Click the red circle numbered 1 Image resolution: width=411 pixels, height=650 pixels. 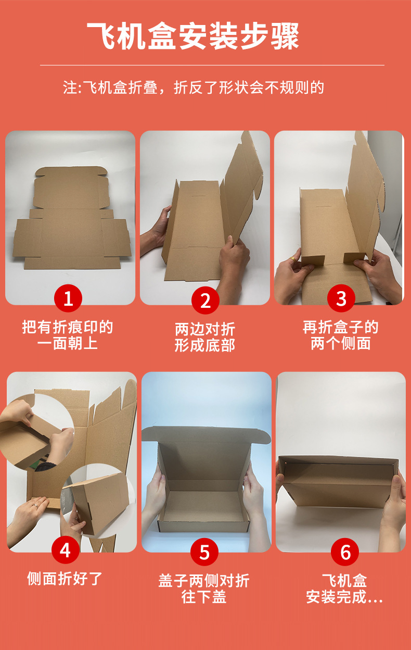pos(68,298)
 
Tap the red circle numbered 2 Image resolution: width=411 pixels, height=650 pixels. pos(205,301)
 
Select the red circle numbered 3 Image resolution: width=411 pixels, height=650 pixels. pos(341,298)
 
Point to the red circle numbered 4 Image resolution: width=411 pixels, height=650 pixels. pos(66,550)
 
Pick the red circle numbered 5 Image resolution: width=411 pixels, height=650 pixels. pos(204,552)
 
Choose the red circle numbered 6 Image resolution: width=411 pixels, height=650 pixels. pos(345,552)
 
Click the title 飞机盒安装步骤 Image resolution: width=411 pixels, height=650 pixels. pos(193,36)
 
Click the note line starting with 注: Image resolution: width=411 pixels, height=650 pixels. pos(194,87)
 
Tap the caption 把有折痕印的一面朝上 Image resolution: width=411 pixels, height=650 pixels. pos(68,335)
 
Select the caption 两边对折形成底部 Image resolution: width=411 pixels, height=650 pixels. pos(205,337)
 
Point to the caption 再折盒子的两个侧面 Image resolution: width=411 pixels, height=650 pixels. pos(341,335)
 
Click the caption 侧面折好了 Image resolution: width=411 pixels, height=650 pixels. pos(65,578)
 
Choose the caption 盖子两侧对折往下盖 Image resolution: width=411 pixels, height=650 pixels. pos(204,589)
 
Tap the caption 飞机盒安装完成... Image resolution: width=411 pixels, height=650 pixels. pos(344,589)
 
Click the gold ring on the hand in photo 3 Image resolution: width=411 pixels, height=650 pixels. pos(294,259)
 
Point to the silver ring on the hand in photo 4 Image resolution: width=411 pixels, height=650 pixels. pos(35,506)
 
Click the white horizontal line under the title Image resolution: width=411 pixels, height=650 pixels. pos(212,65)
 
